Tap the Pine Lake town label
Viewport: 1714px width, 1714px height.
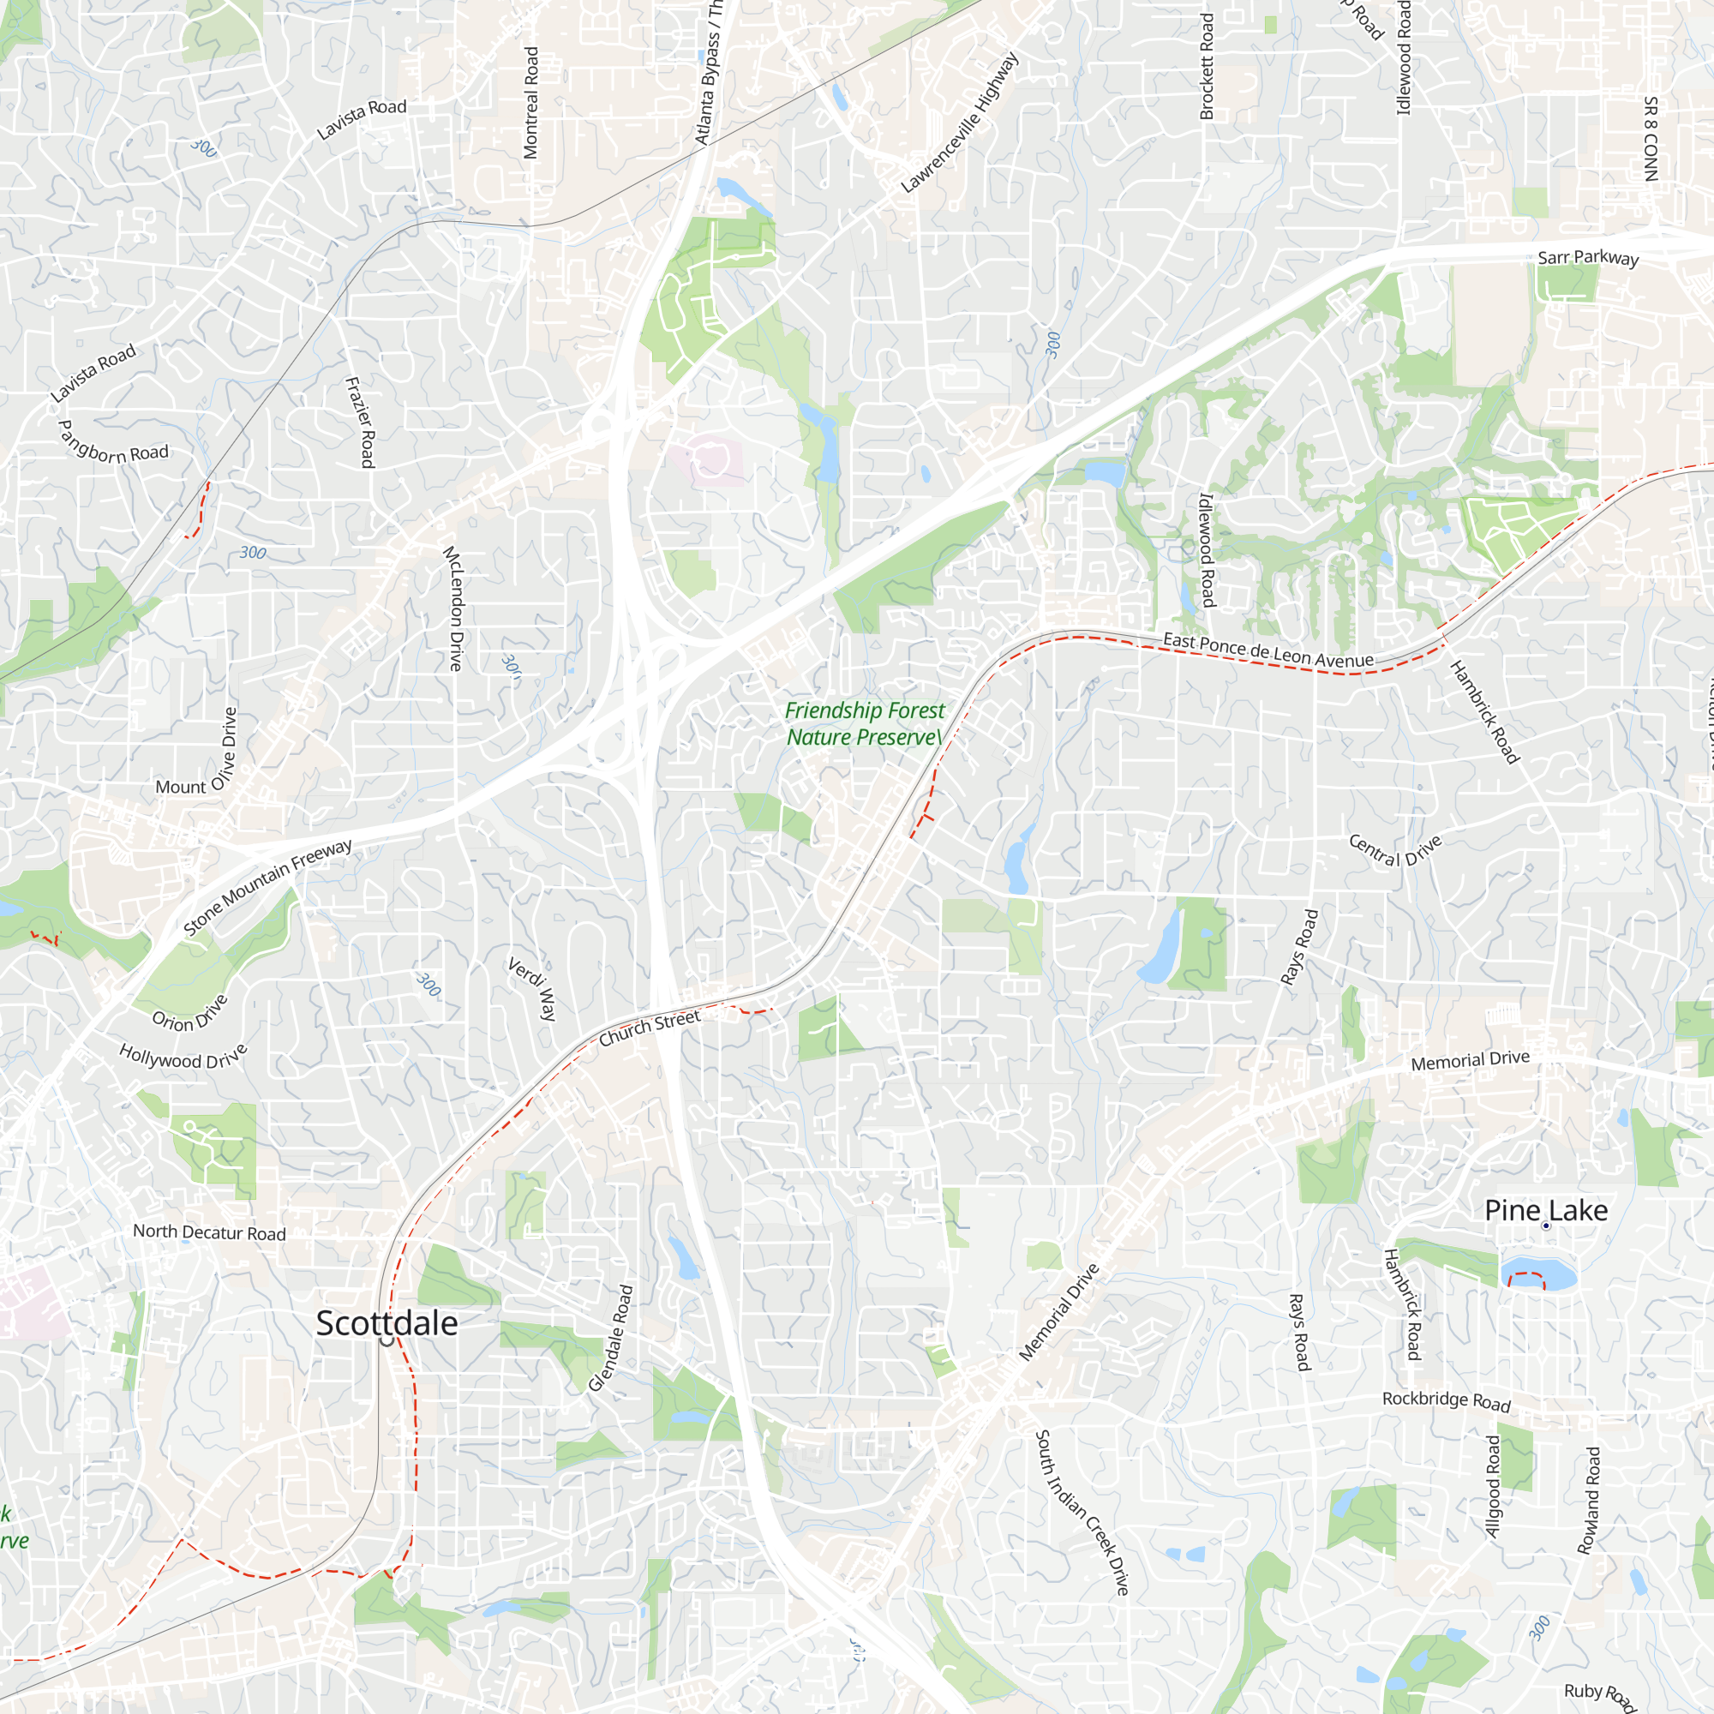click(1545, 1210)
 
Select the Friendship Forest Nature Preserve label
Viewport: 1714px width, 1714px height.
click(864, 723)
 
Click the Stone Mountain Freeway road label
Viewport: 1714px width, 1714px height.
click(267, 887)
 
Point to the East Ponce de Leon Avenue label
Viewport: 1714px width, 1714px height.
click(1268, 650)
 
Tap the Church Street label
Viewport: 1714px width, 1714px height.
click(650, 1028)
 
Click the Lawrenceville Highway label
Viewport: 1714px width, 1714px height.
click(960, 123)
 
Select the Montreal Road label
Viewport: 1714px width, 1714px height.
click(530, 103)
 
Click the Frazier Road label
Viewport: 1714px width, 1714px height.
click(360, 423)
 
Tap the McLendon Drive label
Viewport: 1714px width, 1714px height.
click(453, 608)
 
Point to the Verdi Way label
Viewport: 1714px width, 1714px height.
click(531, 988)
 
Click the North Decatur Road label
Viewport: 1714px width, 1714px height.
click(209, 1232)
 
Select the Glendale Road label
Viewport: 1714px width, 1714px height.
click(611, 1339)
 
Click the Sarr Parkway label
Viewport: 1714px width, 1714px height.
click(1588, 257)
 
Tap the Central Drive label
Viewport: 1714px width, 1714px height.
click(1394, 849)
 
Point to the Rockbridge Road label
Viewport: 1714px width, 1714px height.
click(1446, 1401)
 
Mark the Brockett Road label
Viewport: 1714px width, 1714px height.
click(1207, 67)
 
